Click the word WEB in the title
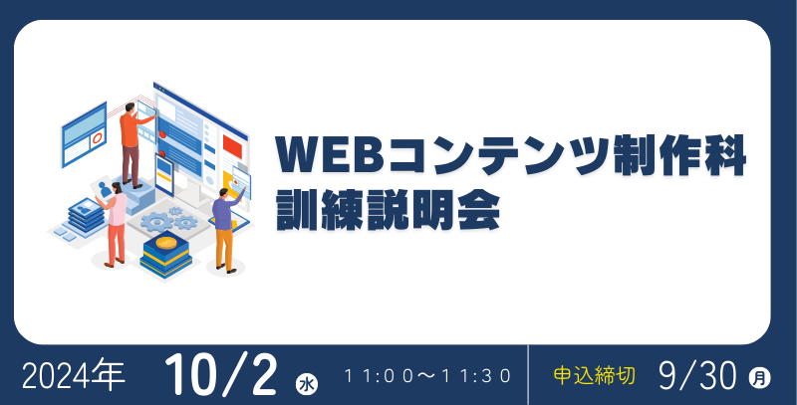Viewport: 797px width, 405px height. [329, 155]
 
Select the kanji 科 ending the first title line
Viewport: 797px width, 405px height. [724, 155]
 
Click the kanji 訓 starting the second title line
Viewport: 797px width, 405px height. [296, 210]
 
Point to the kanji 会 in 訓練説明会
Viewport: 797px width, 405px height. [479, 210]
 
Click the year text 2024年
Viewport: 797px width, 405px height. [74, 376]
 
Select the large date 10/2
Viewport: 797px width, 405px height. [220, 375]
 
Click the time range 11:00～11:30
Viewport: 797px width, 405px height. [427, 376]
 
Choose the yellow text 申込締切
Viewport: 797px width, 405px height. [594, 376]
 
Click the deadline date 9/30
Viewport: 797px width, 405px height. [697, 376]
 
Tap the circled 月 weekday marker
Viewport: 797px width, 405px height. [759, 377]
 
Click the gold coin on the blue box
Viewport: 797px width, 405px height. [166, 242]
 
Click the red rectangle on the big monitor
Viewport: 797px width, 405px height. [232, 145]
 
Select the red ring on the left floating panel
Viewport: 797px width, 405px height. [97, 137]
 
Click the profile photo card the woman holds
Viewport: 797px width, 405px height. [104, 189]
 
